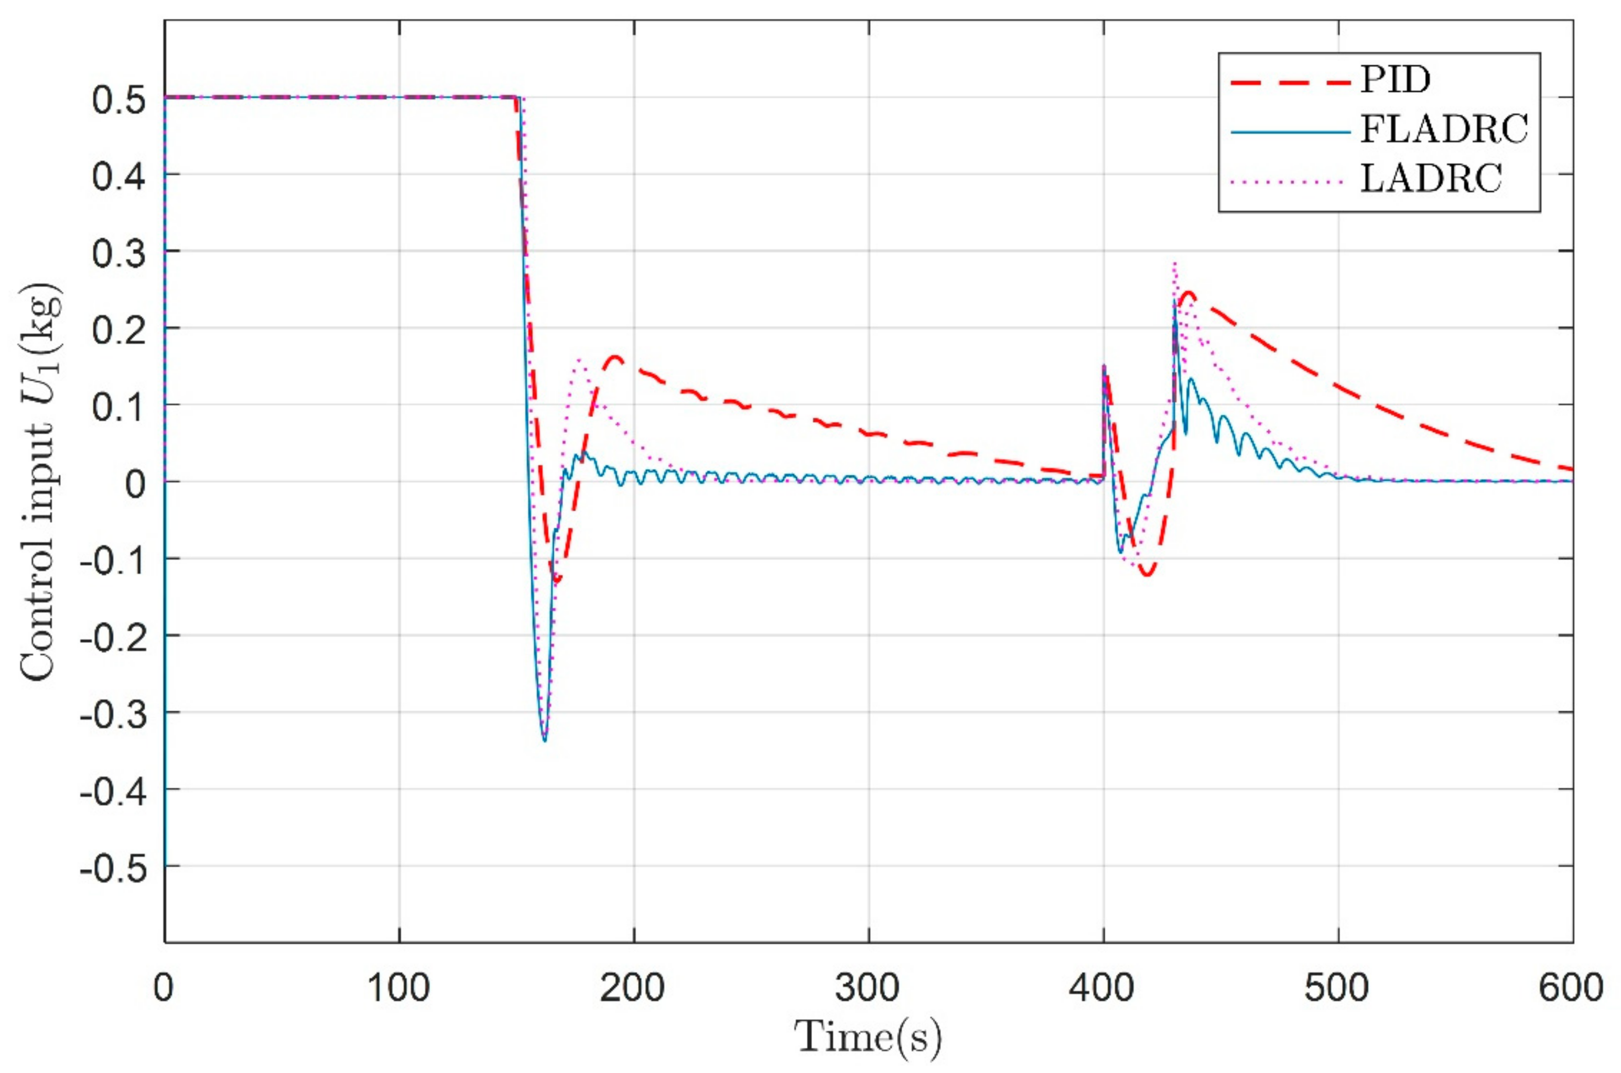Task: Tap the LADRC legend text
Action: tap(1431, 179)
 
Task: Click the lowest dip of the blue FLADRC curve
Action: tap(544, 740)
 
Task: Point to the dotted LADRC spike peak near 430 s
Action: tap(1175, 264)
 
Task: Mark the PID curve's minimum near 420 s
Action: tap(1147, 575)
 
